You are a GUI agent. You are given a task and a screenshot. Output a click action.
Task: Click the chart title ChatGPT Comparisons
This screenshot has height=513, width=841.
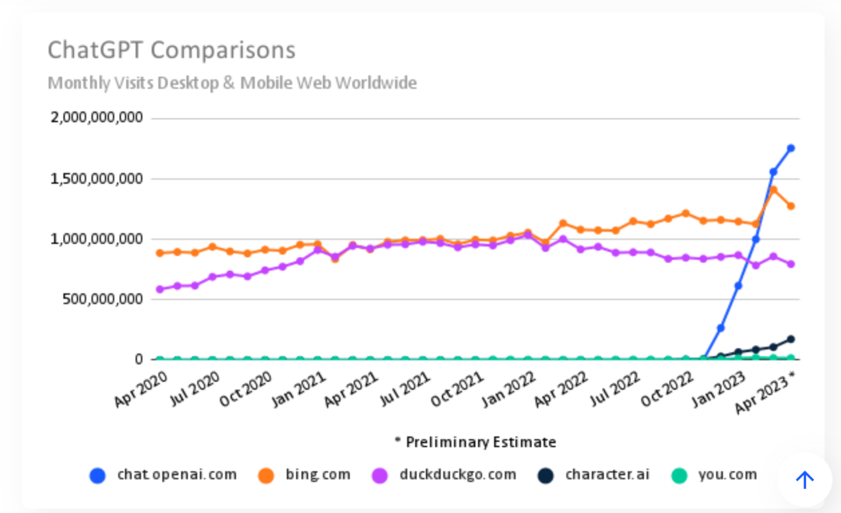click(x=171, y=50)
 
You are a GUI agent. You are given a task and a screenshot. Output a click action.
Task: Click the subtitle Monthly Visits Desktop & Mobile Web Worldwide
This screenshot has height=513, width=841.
click(x=232, y=83)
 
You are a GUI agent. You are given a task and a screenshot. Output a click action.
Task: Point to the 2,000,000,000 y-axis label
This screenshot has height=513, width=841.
click(x=97, y=118)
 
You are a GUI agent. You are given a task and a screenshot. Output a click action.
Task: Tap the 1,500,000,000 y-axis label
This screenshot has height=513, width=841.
click(x=97, y=178)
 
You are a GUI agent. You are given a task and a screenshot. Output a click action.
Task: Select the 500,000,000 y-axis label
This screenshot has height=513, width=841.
click(x=104, y=299)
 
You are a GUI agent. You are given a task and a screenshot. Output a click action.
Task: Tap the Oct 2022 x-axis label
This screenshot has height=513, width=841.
click(x=668, y=389)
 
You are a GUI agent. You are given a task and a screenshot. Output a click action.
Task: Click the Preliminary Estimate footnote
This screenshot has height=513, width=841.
click(x=475, y=442)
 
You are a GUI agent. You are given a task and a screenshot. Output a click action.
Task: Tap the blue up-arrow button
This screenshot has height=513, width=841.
click(x=804, y=480)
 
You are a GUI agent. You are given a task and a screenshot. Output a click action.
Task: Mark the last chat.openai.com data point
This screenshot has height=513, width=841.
click(x=790, y=148)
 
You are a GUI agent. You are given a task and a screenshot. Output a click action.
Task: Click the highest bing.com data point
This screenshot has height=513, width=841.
click(x=773, y=189)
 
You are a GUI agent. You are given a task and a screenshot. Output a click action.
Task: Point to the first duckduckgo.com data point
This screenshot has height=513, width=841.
click(x=160, y=289)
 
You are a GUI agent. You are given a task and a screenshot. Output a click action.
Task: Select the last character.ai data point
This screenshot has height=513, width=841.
click(x=790, y=339)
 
